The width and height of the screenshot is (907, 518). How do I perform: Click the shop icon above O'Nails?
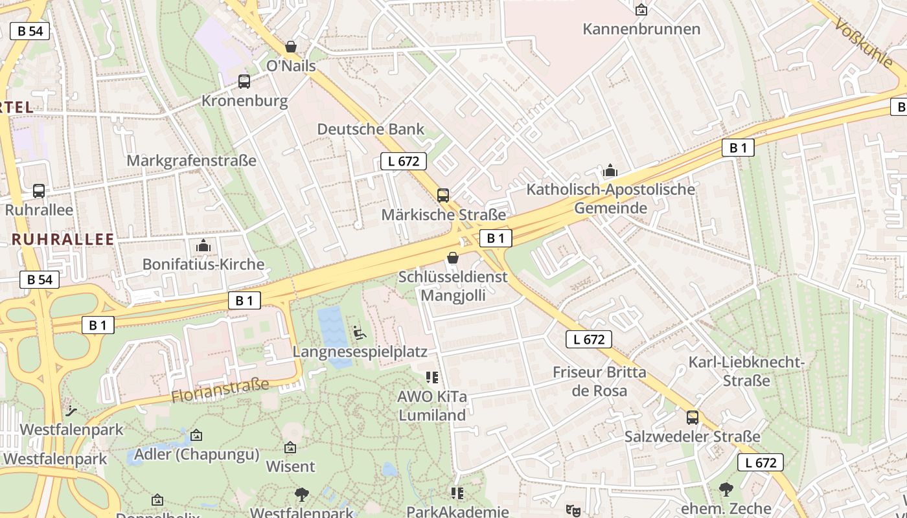291,47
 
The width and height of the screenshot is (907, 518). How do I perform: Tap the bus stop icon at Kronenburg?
244,82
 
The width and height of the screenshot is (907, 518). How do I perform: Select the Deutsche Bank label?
371,129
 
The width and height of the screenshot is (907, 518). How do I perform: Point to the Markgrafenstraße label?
192,161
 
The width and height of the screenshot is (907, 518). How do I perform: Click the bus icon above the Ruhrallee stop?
39,191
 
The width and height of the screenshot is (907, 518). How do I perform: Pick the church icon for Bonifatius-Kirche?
203,245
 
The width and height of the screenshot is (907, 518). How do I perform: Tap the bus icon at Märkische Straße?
443,195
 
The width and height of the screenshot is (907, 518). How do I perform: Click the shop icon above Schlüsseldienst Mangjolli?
453,258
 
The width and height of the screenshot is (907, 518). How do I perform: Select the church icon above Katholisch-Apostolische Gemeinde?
610,171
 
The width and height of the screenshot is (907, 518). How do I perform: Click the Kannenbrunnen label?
641,29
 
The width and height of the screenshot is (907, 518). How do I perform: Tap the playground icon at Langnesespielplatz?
360,333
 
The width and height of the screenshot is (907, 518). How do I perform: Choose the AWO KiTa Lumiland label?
432,405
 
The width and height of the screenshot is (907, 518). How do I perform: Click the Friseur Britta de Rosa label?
599,381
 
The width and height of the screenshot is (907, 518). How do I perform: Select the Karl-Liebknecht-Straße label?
746,371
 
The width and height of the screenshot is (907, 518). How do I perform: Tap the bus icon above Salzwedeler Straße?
693,418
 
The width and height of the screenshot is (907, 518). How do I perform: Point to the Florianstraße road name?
220,391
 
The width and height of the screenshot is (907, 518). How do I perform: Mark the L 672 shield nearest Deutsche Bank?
404,161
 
